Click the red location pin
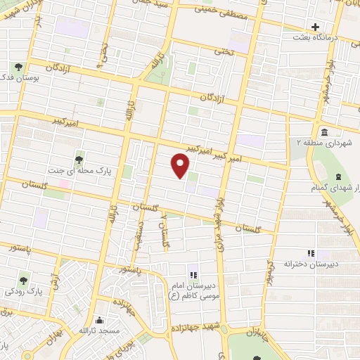[x=181, y=167]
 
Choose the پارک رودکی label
[x=20, y=290]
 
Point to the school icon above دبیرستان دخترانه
[x=310, y=253]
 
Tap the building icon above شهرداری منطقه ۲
[x=323, y=132]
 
